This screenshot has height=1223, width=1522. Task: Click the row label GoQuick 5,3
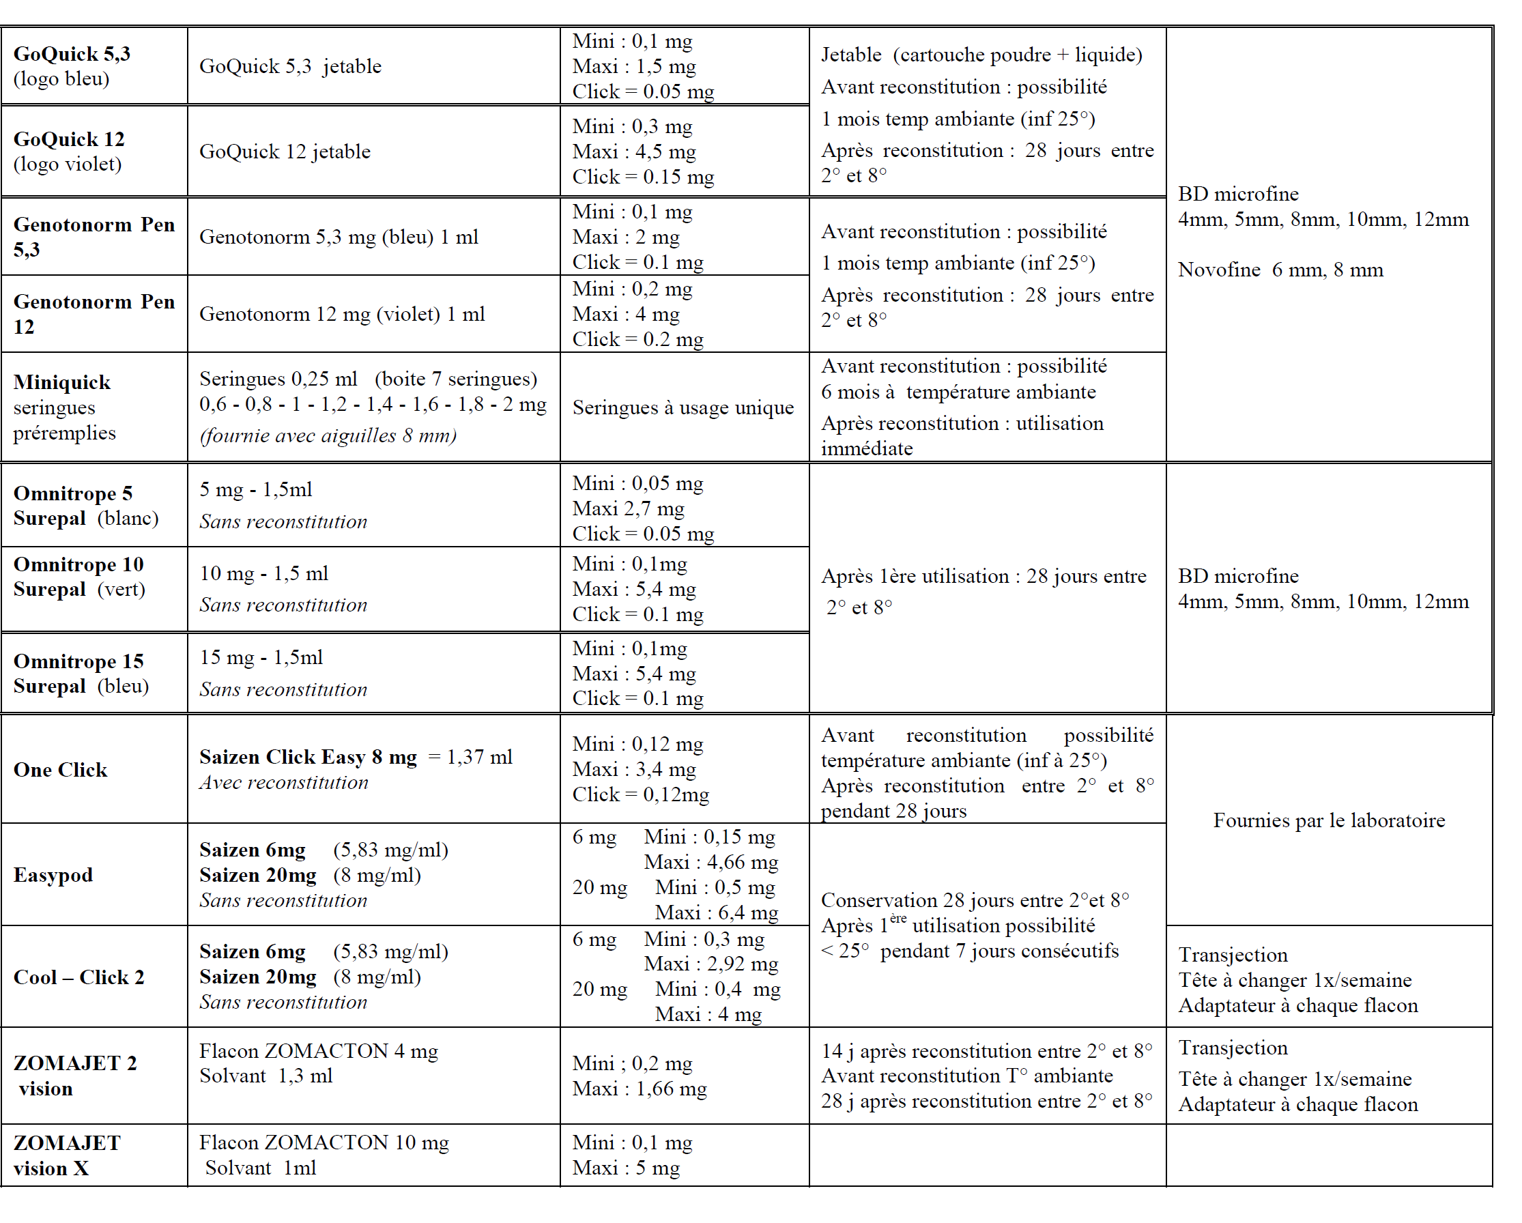click(x=72, y=54)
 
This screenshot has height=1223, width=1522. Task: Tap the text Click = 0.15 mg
click(x=642, y=177)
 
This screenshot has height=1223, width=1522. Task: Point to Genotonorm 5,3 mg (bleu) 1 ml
click(x=338, y=237)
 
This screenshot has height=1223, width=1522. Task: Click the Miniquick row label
click(x=62, y=382)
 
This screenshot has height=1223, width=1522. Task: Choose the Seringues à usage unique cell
click(x=683, y=408)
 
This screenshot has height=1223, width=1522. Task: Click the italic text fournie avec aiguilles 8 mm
click(x=328, y=435)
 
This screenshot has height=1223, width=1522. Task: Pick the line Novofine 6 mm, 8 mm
click(x=1280, y=270)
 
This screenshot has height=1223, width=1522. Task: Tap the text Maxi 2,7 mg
click(x=628, y=508)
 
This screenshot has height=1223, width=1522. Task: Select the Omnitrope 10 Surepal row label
click(x=79, y=577)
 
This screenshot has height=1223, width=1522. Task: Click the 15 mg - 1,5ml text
click(x=261, y=657)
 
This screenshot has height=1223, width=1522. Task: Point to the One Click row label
click(x=61, y=769)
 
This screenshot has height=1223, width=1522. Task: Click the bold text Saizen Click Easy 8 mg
click(x=308, y=756)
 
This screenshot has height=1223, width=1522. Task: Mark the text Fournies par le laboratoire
click(x=1329, y=820)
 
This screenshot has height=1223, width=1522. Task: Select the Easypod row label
click(x=54, y=875)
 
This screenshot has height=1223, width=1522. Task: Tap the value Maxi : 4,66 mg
click(x=710, y=862)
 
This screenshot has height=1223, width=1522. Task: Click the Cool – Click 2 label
click(x=79, y=977)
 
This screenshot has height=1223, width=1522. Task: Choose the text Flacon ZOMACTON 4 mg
click(x=318, y=1051)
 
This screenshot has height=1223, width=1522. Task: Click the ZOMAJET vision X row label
click(x=66, y=1155)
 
